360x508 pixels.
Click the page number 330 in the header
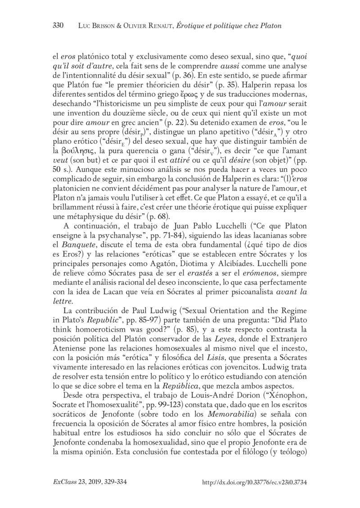(x=59, y=26)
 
